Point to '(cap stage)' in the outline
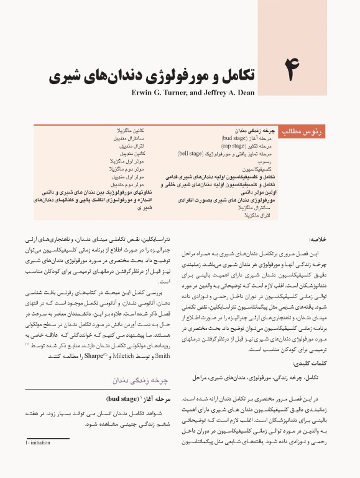click(234, 145)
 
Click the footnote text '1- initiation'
click(40, 459)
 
